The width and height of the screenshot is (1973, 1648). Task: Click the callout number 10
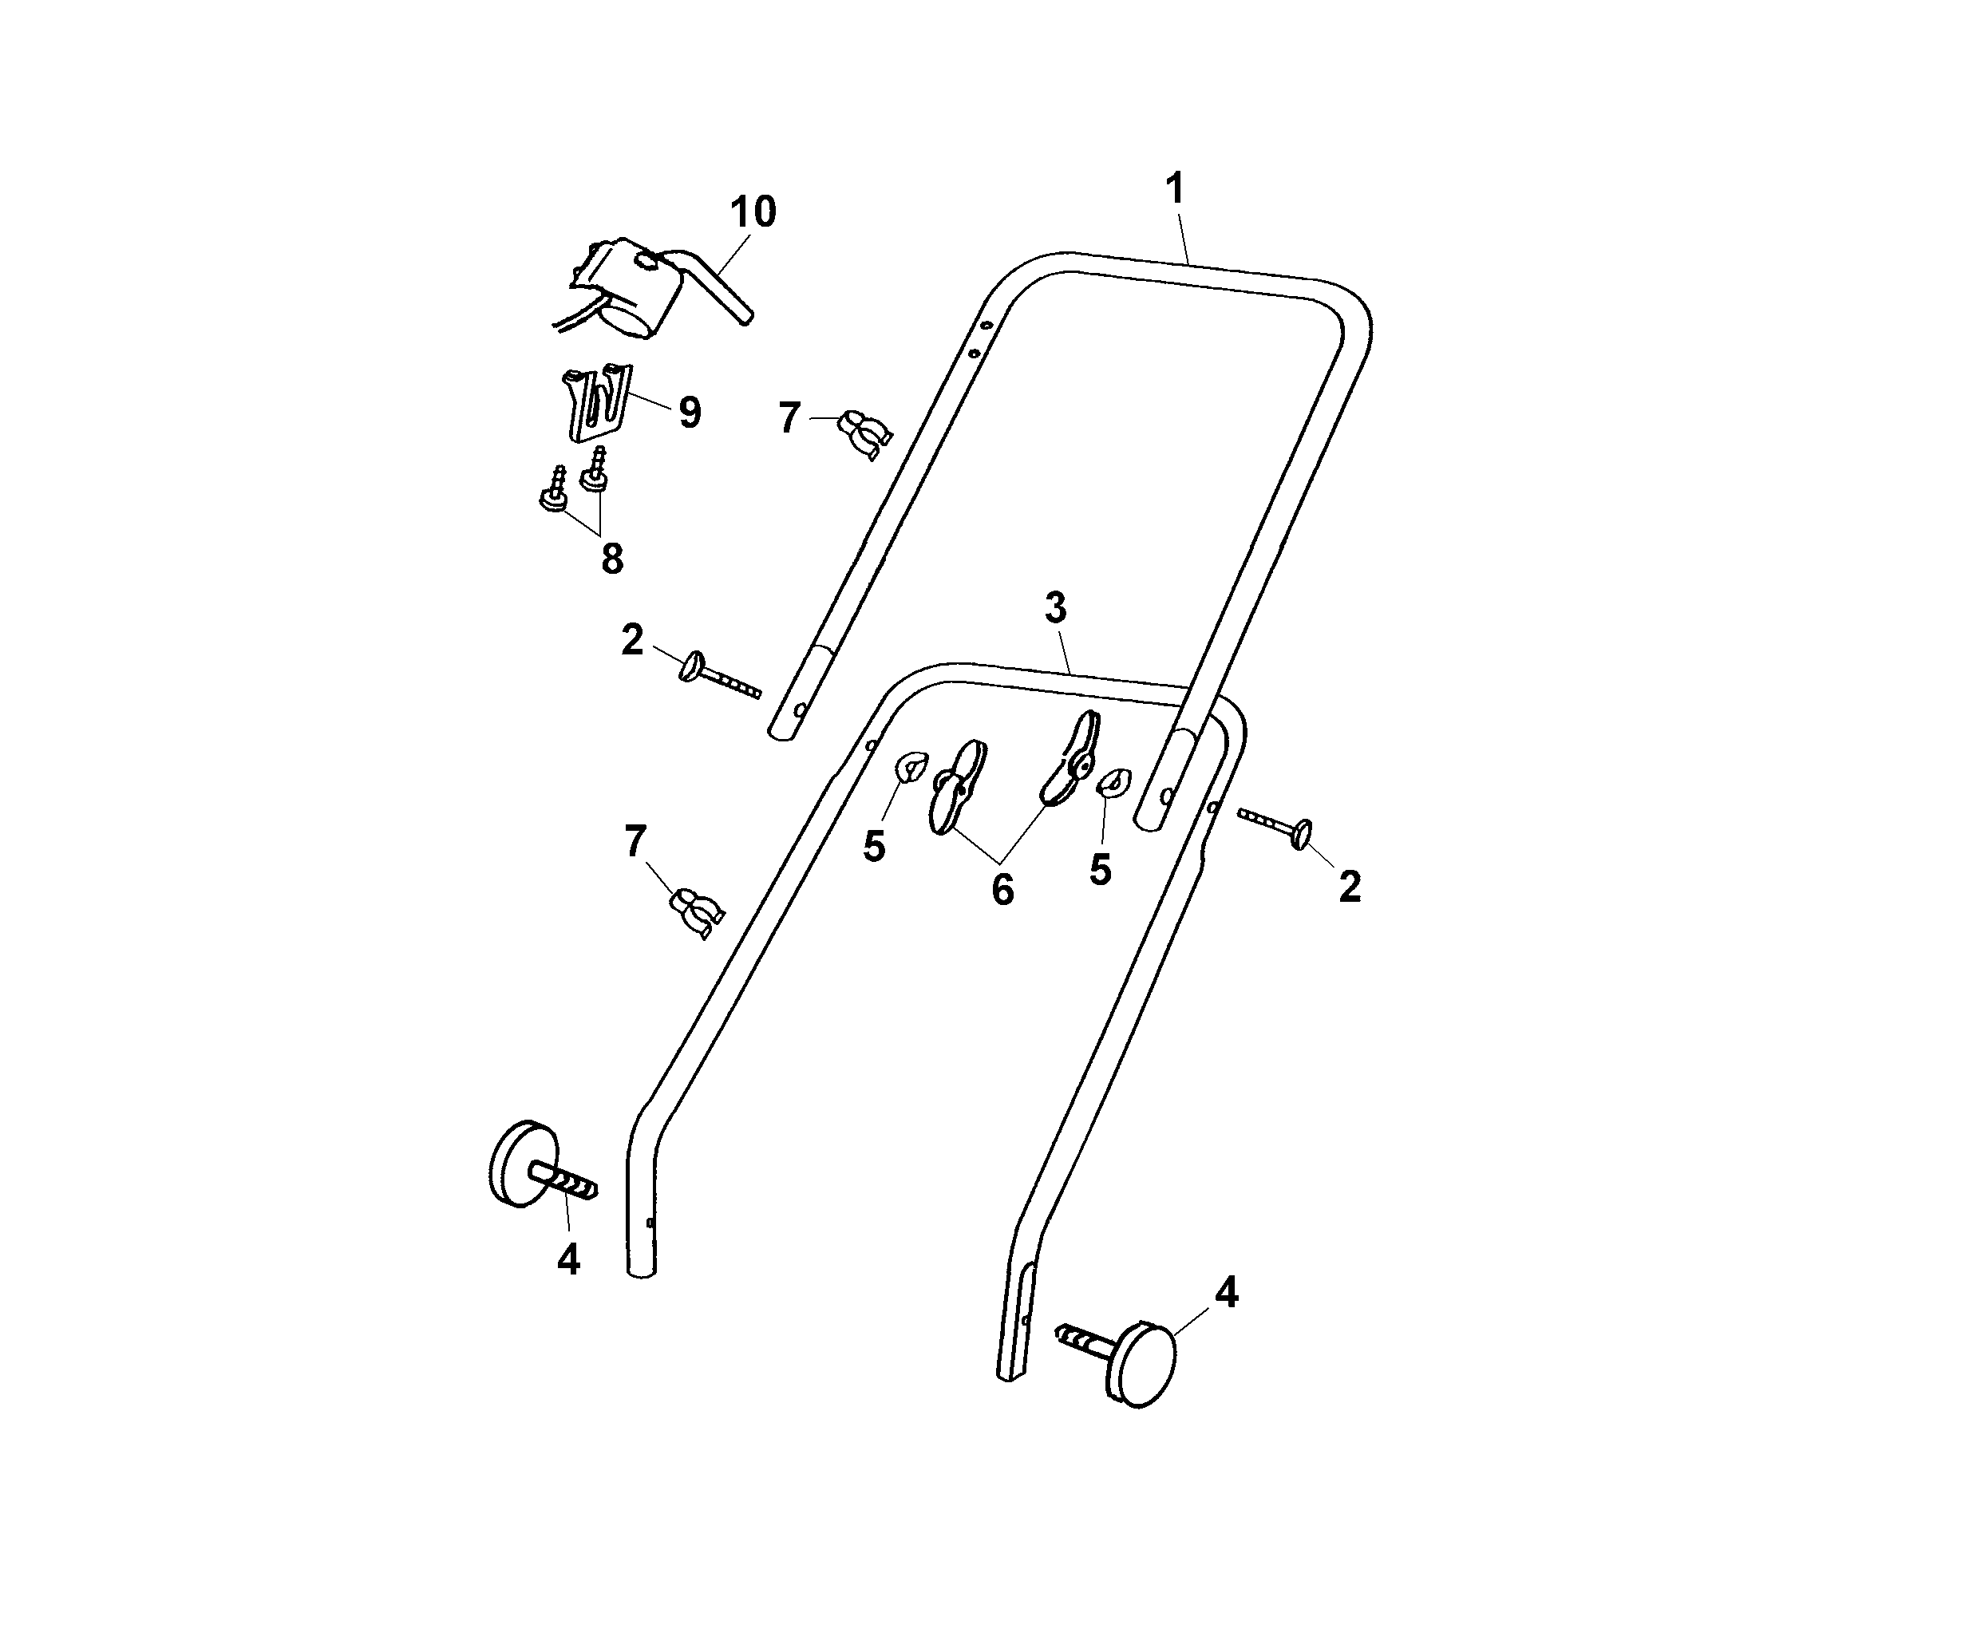point(753,212)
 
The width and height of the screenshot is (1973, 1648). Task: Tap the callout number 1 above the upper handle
point(1174,189)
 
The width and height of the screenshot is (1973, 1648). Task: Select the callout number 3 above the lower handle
point(1056,609)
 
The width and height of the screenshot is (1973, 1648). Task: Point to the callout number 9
point(690,413)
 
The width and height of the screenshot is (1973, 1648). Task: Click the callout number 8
point(611,559)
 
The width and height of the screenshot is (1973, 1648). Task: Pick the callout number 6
point(1002,890)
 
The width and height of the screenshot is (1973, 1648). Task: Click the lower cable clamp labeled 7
point(696,908)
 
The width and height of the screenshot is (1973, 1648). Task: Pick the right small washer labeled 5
point(1115,782)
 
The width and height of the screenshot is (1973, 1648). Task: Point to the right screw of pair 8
point(595,470)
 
